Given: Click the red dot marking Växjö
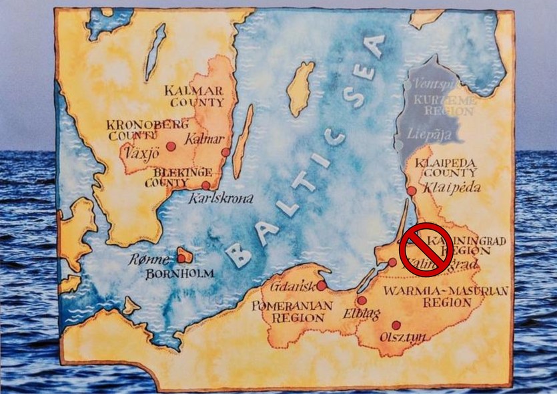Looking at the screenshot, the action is pyautogui.click(x=171, y=146).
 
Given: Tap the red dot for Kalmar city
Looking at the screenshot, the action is pyautogui.click(x=225, y=152).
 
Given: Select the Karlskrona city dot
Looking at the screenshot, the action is pyautogui.click(x=205, y=186).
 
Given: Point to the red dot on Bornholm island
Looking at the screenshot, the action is pyautogui.click(x=181, y=258).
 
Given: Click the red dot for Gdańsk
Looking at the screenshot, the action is pyautogui.click(x=322, y=285).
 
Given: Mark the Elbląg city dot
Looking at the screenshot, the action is pyautogui.click(x=362, y=301).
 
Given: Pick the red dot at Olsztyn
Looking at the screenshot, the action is pyautogui.click(x=396, y=325).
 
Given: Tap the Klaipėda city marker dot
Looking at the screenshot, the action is pyautogui.click(x=412, y=191).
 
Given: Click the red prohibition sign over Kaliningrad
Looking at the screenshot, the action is pyautogui.click(x=426, y=249).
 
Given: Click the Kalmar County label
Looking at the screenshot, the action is pyautogui.click(x=197, y=96).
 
